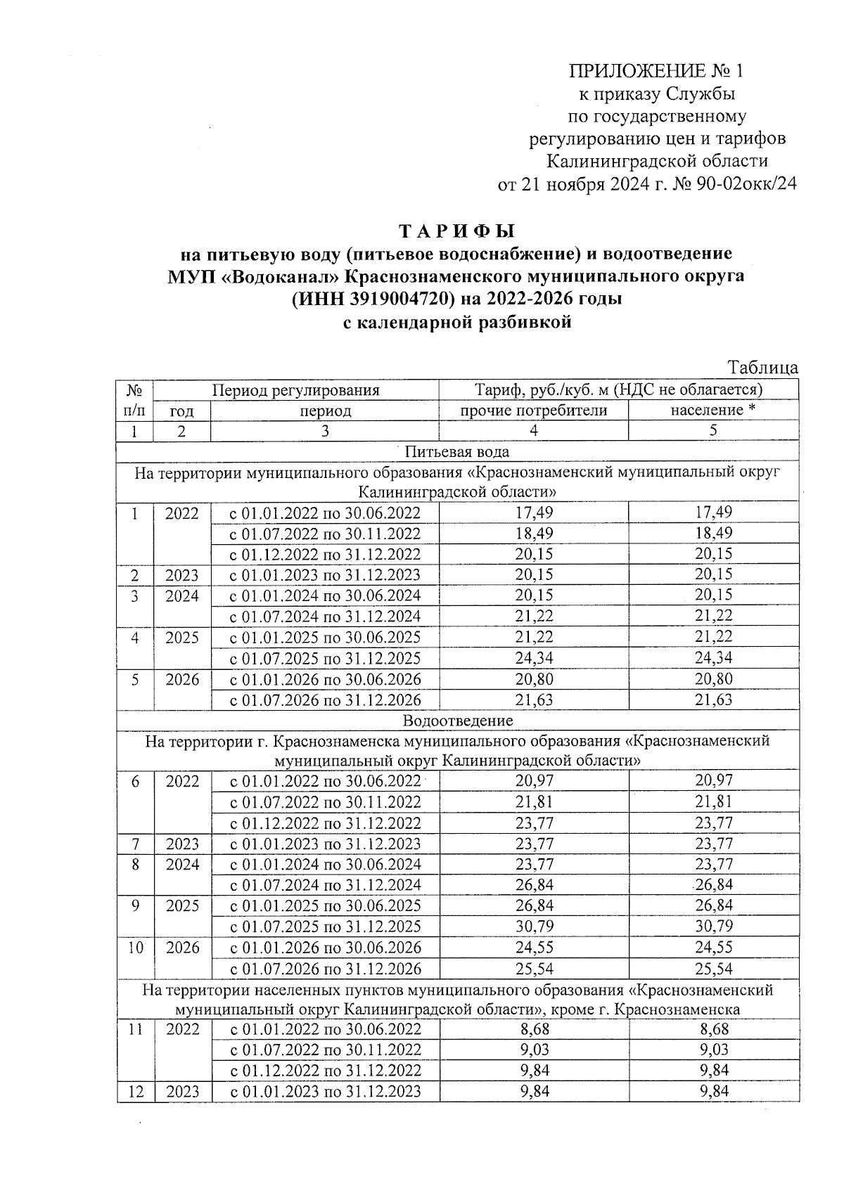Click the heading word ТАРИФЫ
click(456, 231)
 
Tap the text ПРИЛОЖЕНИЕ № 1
click(656, 71)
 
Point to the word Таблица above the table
click(762, 368)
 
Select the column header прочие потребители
click(533, 411)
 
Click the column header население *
click(712, 411)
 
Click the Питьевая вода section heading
click(457, 451)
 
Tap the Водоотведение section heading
click(457, 721)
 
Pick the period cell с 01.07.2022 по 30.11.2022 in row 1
click(325, 534)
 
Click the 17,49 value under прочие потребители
click(534, 512)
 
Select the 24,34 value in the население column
click(713, 658)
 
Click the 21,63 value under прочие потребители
click(534, 699)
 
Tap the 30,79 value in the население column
click(713, 926)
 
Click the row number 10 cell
click(136, 947)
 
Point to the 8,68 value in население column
click(713, 1029)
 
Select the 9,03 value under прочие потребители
click(534, 1050)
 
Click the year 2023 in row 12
click(182, 1091)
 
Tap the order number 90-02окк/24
click(746, 185)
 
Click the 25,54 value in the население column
click(713, 969)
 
